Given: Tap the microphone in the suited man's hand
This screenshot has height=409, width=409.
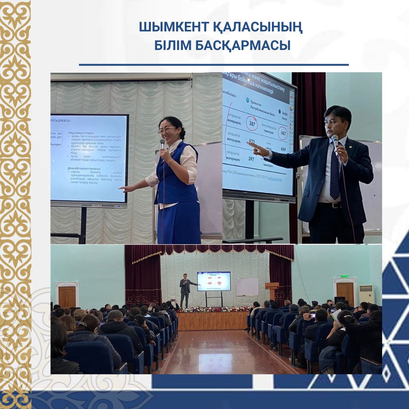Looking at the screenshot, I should tap(335, 141).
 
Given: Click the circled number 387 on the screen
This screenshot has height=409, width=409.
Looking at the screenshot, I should tap(251, 123).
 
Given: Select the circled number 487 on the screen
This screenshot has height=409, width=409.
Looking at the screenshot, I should tap(283, 133).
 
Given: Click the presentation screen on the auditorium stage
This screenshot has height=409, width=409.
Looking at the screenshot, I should tap(214, 281).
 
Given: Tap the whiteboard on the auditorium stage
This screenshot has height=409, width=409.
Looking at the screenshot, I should tap(247, 287).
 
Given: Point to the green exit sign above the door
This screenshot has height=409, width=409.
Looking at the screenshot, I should tap(344, 276).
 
